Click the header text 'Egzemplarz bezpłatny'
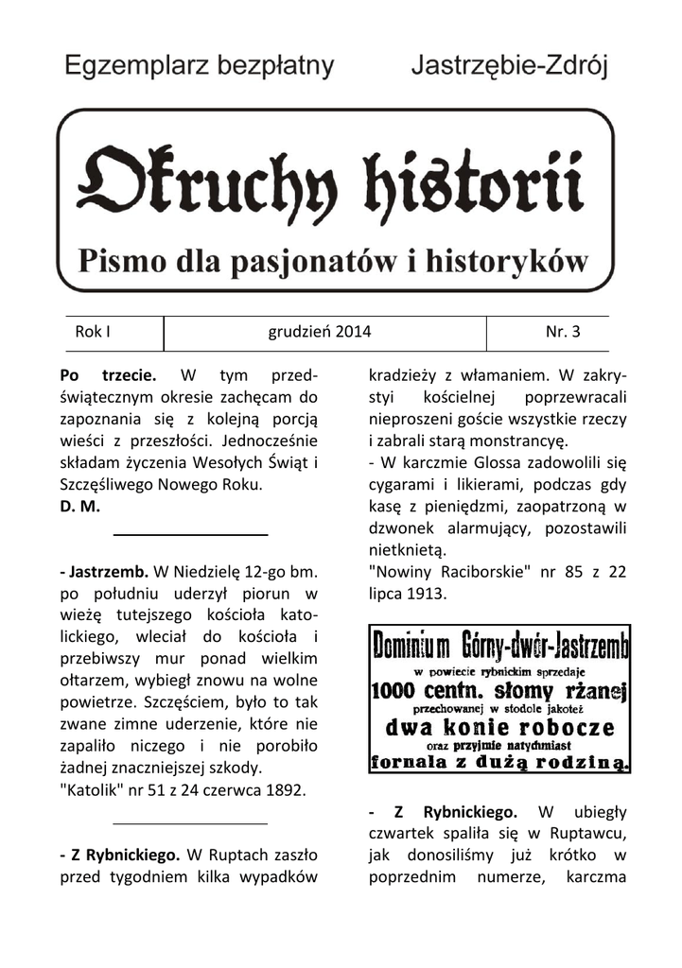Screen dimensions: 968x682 coord(200,67)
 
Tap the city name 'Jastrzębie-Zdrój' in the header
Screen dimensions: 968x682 coord(509,67)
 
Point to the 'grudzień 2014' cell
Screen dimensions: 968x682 coord(320,332)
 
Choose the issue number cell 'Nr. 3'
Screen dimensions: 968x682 coord(563,332)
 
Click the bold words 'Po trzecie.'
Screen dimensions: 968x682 coord(107,375)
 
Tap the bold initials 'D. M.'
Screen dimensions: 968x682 coord(79,506)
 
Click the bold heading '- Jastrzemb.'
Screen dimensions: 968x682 coord(103,571)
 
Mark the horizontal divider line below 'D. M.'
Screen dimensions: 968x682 coord(190,536)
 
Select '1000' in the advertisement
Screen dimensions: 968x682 coord(400,689)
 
